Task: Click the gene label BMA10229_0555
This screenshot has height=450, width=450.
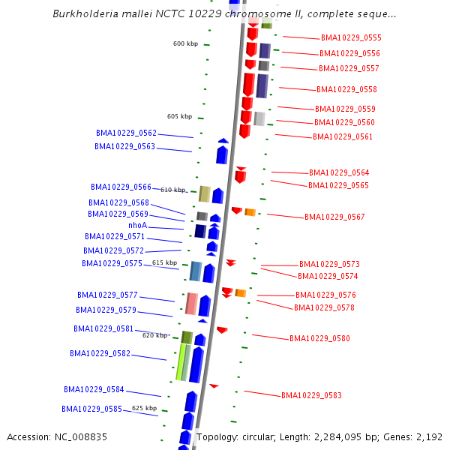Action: pos(350,37)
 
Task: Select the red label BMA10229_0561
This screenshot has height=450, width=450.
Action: pos(342,136)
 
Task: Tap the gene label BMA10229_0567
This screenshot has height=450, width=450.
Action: pos(334,217)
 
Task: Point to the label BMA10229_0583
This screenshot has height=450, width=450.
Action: pos(311,395)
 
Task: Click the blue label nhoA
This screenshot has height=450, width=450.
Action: pos(137,225)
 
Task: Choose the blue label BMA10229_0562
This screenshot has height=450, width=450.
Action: pos(126,133)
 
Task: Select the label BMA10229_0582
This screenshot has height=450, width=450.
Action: pos(100,353)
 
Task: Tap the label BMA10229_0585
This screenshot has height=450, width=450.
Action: pos(93,409)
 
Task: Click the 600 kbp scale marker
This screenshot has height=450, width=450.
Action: pos(185,43)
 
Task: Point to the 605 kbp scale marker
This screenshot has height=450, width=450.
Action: pos(179,116)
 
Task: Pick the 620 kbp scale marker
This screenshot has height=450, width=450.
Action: pos(154,335)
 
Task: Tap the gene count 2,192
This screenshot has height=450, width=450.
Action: pos(428,436)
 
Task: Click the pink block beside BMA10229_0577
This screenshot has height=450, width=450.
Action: pos(191,303)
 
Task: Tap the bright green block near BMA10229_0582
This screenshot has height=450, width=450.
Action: pos(180,361)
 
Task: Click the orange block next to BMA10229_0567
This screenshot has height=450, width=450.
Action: pos(250,212)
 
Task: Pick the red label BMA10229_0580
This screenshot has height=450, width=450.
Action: pos(319,338)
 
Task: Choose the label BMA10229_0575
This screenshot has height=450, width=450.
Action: pos(112,263)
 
